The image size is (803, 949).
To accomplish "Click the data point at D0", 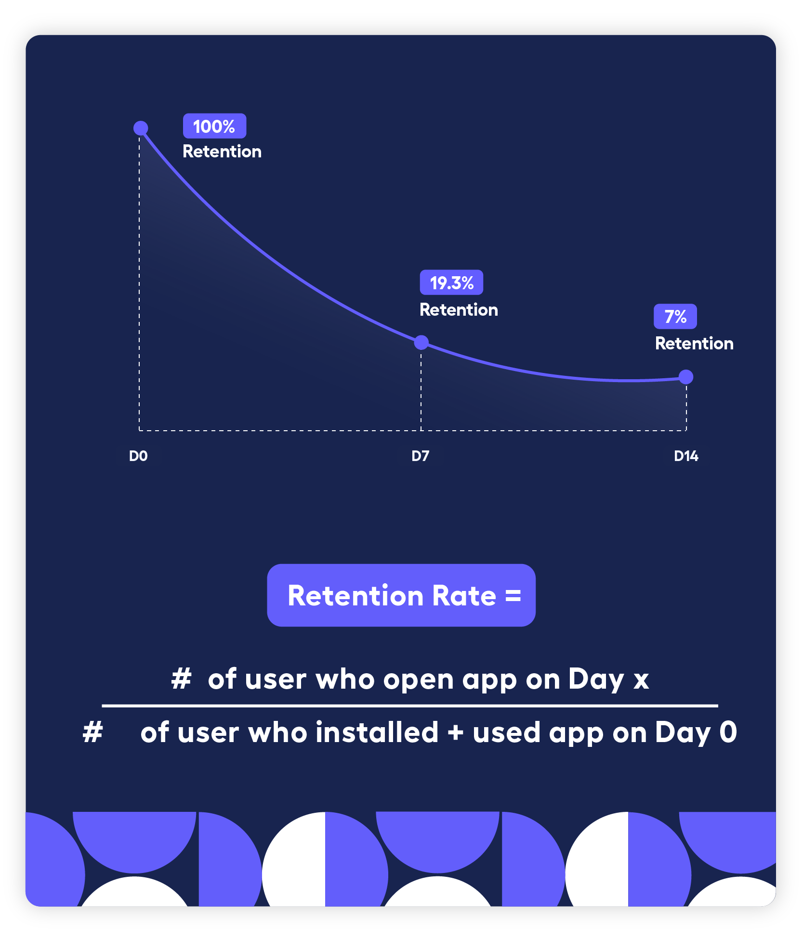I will (141, 128).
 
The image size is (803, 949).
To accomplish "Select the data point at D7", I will (421, 343).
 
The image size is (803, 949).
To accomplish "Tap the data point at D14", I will (686, 377).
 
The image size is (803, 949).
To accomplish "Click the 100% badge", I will (214, 126).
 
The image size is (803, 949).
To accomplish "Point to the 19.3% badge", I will (451, 282).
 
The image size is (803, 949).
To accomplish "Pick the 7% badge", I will (675, 317).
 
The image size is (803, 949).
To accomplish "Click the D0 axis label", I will (138, 456).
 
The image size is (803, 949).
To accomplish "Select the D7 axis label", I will (420, 456).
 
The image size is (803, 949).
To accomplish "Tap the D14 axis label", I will (686, 456).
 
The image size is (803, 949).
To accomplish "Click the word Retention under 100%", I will (222, 152).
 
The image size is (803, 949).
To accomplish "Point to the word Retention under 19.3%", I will (459, 310).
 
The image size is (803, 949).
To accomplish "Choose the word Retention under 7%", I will (694, 344).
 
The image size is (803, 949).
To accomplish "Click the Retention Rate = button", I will (401, 595).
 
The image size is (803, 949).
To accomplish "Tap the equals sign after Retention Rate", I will (513, 596).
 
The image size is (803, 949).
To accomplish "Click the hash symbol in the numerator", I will (182, 679).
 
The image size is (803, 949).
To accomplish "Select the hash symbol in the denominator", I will (93, 732).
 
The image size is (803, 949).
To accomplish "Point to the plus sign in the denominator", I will (455, 733).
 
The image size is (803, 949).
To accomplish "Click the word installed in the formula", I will (377, 732).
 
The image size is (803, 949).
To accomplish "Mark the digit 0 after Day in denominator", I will (728, 732).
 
